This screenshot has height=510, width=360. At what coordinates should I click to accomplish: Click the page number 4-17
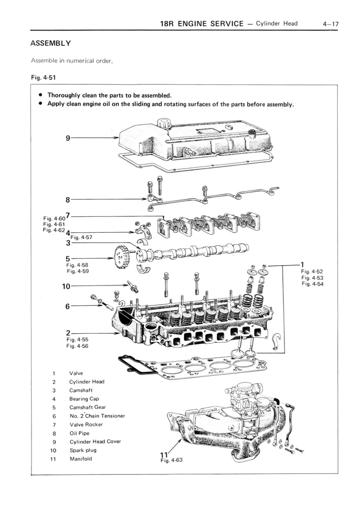click(330, 24)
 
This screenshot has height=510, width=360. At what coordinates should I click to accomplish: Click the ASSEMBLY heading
click(50, 43)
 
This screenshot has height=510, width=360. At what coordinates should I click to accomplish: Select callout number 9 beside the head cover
click(68, 138)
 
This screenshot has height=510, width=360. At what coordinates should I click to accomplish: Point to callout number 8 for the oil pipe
click(68, 200)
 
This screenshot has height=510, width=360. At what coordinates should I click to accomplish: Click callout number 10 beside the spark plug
click(66, 286)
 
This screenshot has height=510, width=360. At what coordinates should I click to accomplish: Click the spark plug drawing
click(133, 285)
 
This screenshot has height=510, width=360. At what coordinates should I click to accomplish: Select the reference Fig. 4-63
click(171, 461)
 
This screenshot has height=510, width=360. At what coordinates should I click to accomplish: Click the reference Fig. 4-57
click(81, 237)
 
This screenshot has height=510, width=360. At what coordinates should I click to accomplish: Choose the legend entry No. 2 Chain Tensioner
click(97, 416)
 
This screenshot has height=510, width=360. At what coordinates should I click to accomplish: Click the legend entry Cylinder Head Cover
click(95, 441)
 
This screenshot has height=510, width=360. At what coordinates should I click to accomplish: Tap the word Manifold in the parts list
click(81, 459)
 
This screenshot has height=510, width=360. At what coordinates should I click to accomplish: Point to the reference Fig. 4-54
click(312, 284)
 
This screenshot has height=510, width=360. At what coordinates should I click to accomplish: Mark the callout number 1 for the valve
click(302, 264)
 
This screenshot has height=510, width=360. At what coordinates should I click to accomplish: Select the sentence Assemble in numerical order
click(71, 61)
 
